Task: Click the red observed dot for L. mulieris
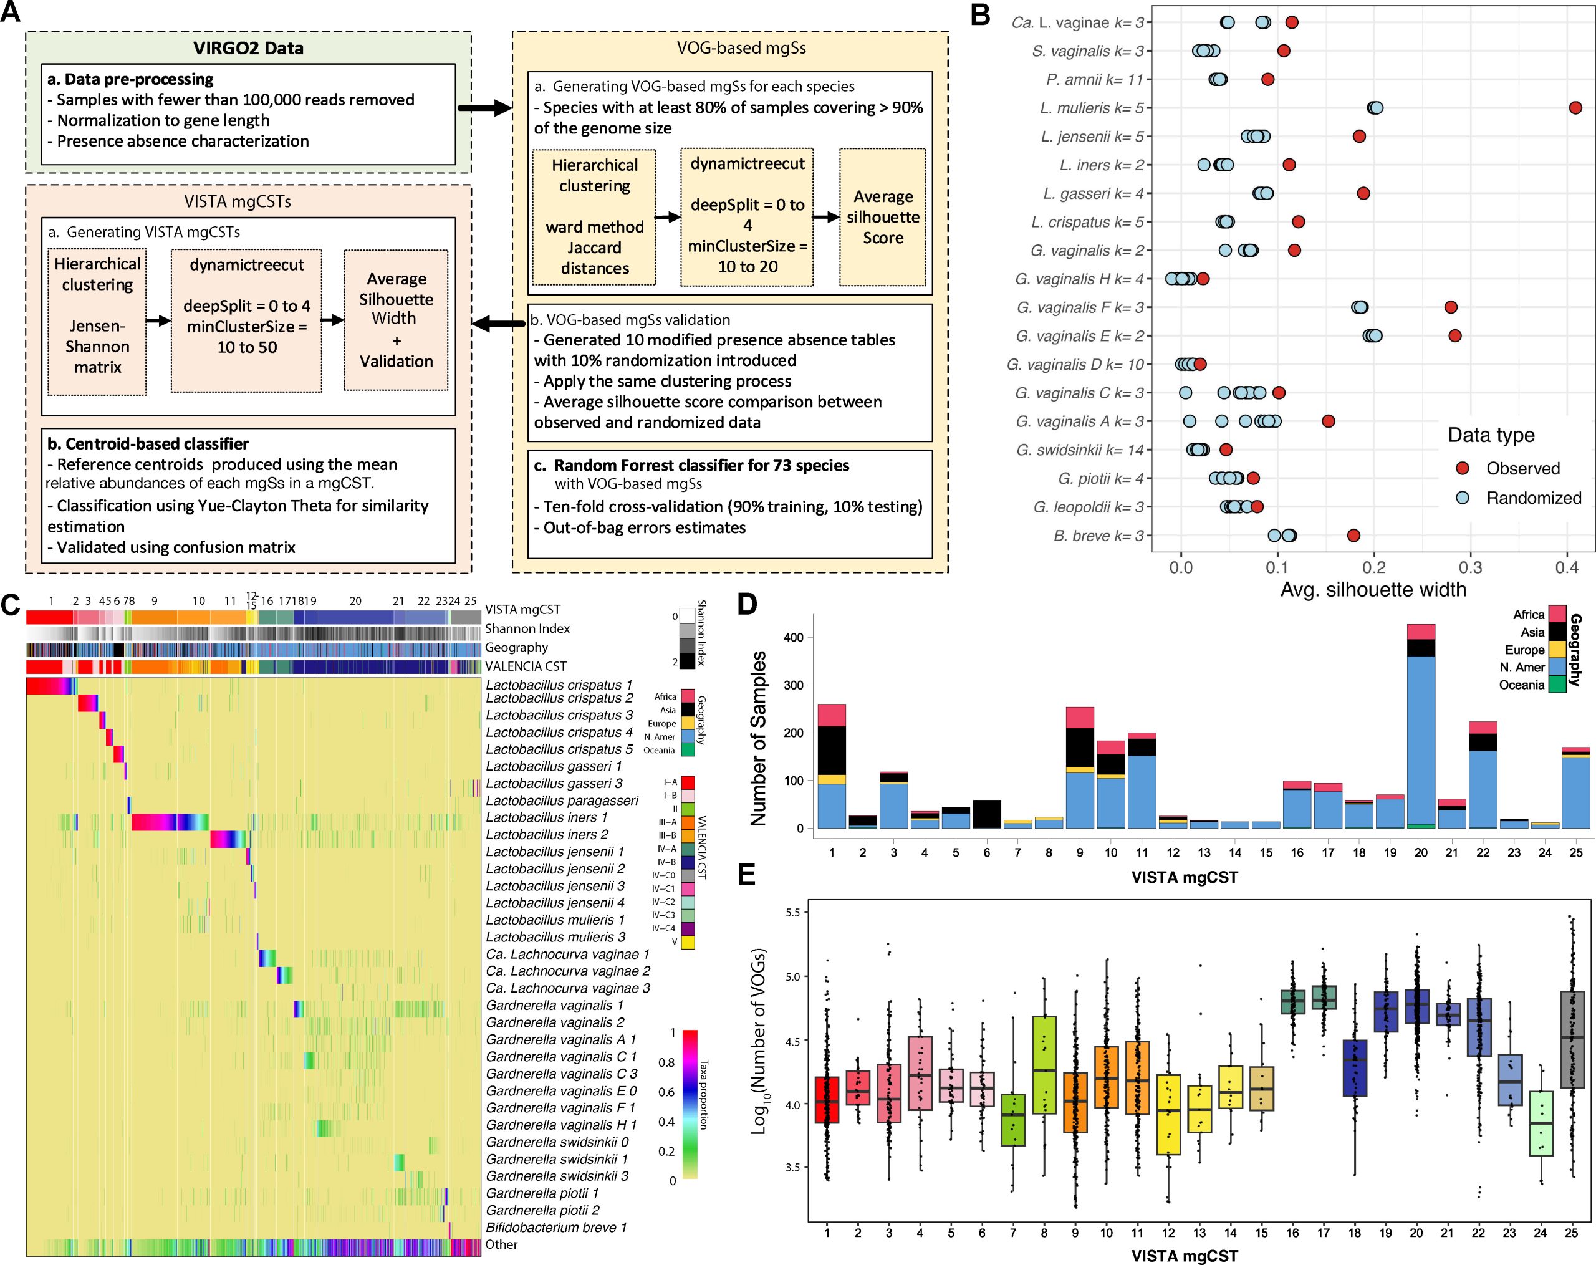(1575, 108)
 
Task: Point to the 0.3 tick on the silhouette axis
(1470, 568)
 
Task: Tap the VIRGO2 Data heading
(248, 48)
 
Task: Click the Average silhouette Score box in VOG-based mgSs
(882, 217)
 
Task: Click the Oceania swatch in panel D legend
(1557, 685)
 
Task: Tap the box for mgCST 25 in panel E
(1572, 1039)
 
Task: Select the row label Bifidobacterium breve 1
(556, 1227)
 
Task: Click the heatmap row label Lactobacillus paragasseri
(562, 800)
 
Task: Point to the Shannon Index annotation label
(527, 628)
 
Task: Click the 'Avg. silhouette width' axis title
(1373, 590)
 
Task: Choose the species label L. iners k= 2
(1102, 165)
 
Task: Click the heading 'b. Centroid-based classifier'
(148, 443)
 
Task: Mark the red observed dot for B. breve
(1353, 535)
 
